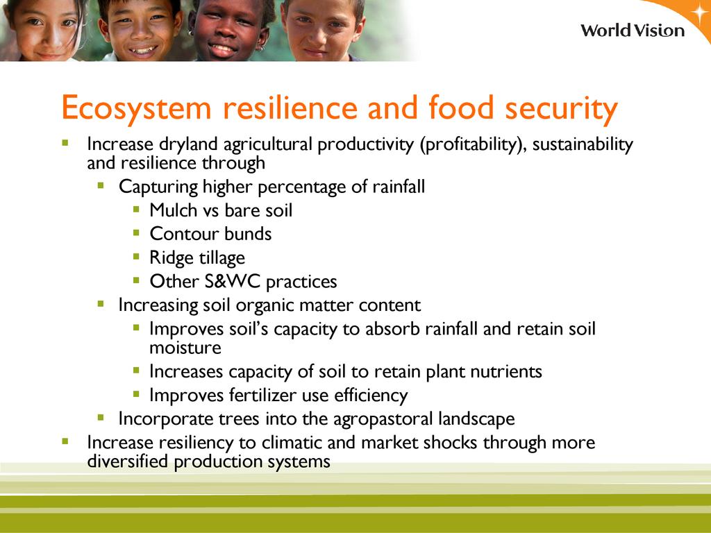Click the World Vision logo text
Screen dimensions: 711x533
coord(633,31)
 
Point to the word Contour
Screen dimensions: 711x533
coord(184,234)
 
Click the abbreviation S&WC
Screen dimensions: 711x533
coord(232,282)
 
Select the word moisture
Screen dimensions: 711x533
coord(185,348)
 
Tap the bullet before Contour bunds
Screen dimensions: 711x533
coord(137,233)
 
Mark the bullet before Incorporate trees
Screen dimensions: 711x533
coord(101,417)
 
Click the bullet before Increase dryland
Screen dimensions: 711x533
coord(65,143)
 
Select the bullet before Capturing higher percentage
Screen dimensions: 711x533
coord(101,185)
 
